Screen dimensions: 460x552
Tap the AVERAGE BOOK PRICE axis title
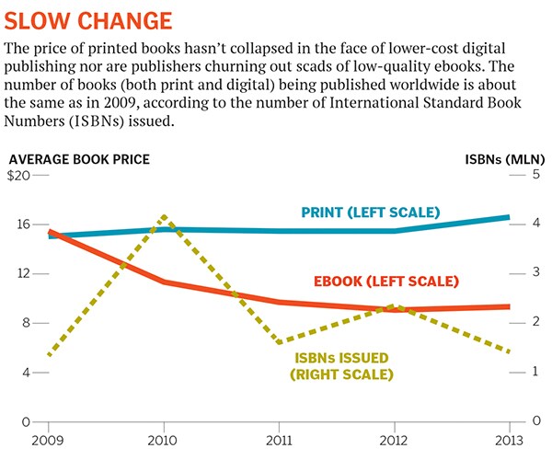pos(77,159)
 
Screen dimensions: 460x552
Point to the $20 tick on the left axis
pos(19,176)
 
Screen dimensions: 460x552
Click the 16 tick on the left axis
pos(23,224)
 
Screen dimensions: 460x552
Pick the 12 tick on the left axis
pos(23,274)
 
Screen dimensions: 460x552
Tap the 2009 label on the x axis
pos(47,437)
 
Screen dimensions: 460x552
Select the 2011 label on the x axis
pos(279,437)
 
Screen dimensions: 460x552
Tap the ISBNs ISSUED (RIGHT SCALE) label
pos(341,365)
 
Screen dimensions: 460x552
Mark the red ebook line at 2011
pos(279,301)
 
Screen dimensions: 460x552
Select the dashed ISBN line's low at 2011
pos(279,343)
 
